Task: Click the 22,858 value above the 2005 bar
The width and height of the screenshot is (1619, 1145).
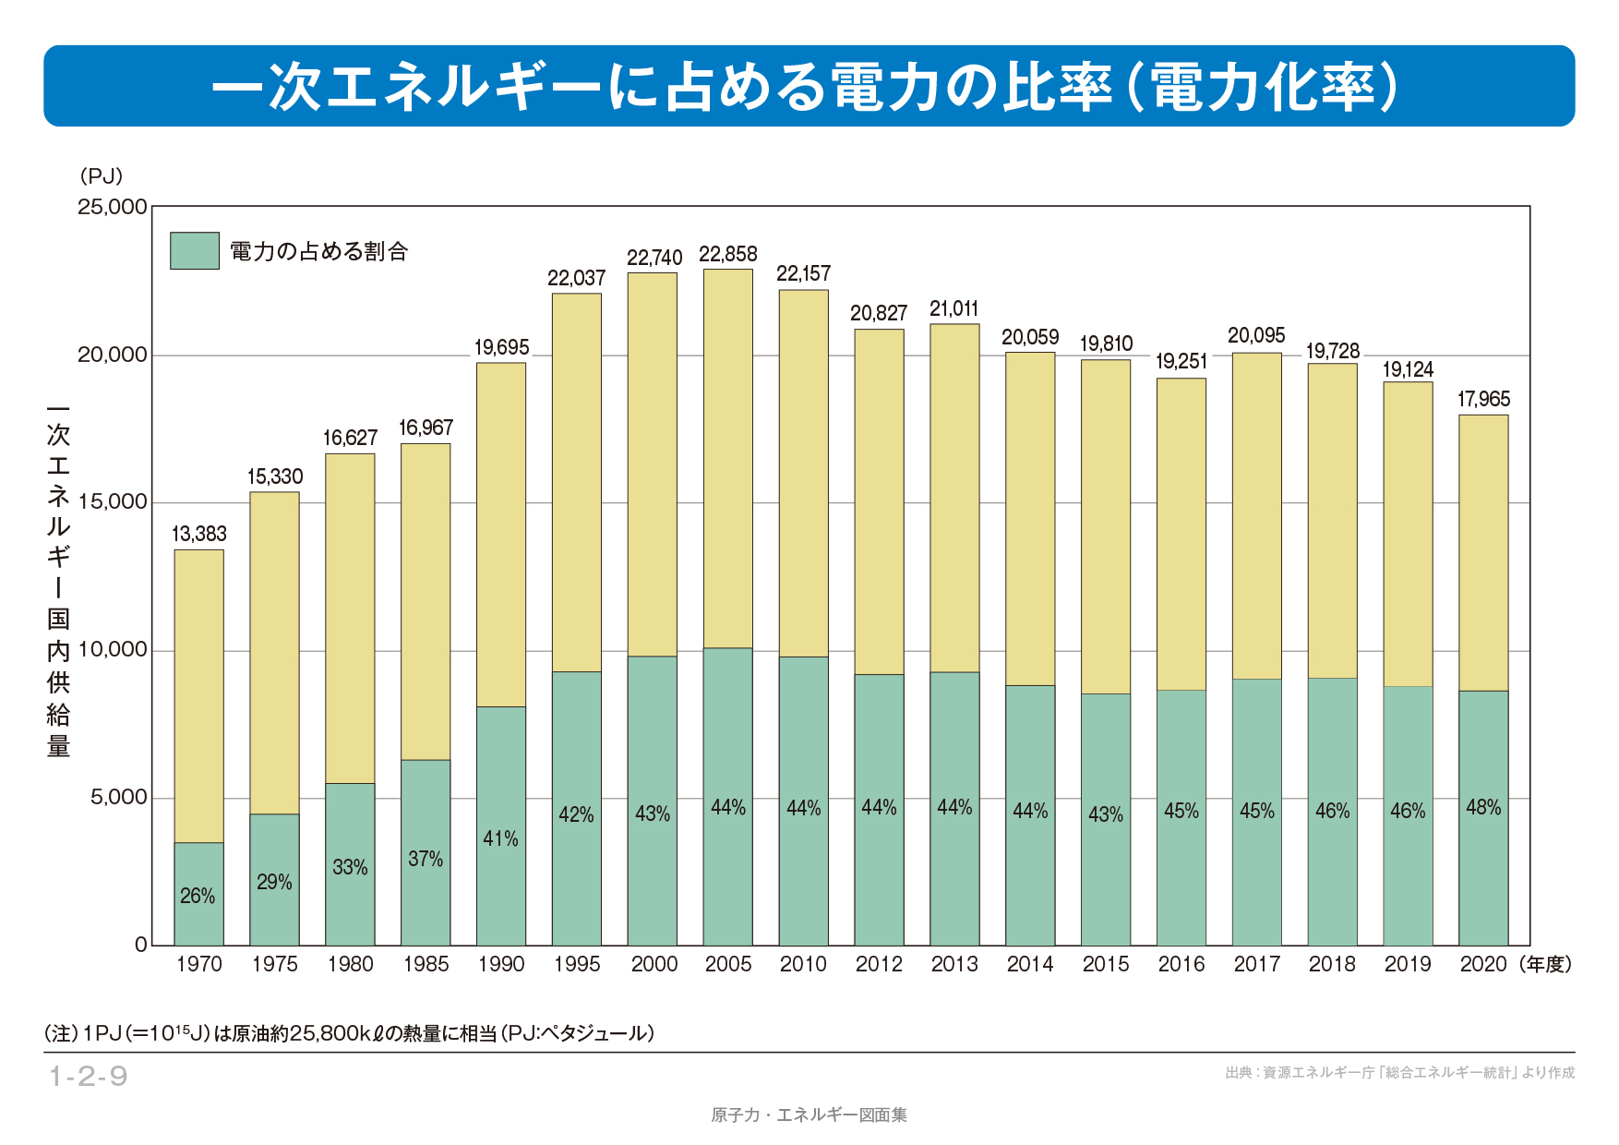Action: click(x=727, y=254)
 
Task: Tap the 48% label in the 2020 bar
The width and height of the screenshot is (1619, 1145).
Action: click(x=1483, y=807)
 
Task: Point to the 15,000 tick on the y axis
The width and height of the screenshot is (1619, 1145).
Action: click(x=113, y=501)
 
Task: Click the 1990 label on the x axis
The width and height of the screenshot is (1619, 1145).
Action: click(x=501, y=964)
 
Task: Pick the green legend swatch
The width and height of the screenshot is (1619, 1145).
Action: click(x=195, y=250)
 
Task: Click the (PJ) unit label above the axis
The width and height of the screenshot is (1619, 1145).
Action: click(x=101, y=175)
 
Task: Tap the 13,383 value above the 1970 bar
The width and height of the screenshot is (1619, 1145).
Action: click(x=198, y=534)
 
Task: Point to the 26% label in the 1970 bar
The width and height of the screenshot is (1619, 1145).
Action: click(x=198, y=896)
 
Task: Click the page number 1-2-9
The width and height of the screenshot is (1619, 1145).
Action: click(x=89, y=1076)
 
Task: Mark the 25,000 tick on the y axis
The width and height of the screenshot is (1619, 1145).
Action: click(x=113, y=206)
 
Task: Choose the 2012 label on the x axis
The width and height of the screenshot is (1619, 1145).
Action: click(x=879, y=964)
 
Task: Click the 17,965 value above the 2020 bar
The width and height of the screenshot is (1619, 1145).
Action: click(x=1483, y=399)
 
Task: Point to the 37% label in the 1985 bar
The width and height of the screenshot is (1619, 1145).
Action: click(x=426, y=859)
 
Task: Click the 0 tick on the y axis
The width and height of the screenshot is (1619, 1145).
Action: click(x=141, y=945)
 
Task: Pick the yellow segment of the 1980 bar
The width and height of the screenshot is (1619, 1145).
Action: click(x=350, y=619)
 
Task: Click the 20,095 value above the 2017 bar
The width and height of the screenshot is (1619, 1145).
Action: click(x=1256, y=335)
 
